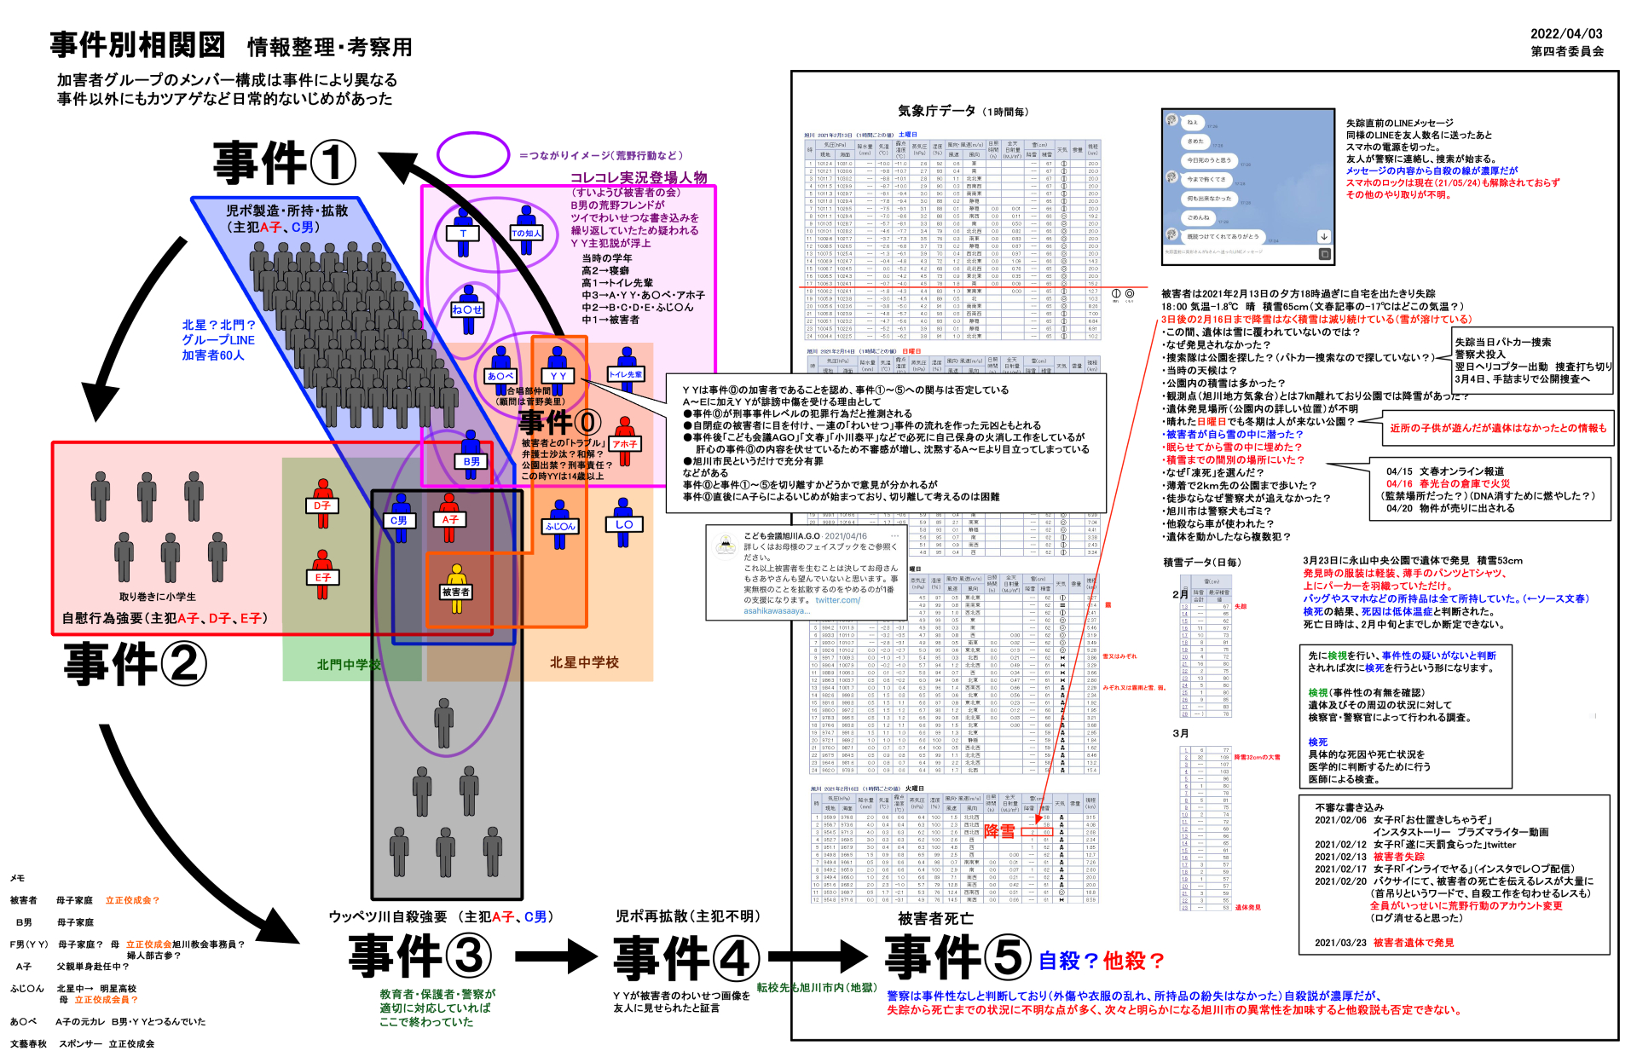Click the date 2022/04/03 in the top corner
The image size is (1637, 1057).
pyautogui.click(x=1566, y=34)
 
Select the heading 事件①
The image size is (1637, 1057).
pyautogui.click(x=285, y=163)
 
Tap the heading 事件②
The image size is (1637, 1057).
pyautogui.click(x=136, y=664)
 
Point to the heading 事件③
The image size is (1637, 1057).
pyautogui.click(x=420, y=956)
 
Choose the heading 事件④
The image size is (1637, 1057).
pyautogui.click(x=686, y=958)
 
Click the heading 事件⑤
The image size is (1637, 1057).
pyautogui.click(x=958, y=957)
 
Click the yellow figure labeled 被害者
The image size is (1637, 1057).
pyautogui.click(x=456, y=588)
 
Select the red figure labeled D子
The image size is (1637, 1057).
pyautogui.click(x=322, y=503)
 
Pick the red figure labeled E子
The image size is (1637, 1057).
pyautogui.click(x=322, y=575)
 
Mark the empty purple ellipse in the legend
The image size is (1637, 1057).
pyautogui.click(x=473, y=154)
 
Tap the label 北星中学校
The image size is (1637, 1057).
pyautogui.click(x=584, y=662)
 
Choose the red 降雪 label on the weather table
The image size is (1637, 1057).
pyautogui.click(x=999, y=830)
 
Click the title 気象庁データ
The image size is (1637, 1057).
pyautogui.click(x=936, y=111)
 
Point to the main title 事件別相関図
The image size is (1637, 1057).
pyautogui.click(x=137, y=45)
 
